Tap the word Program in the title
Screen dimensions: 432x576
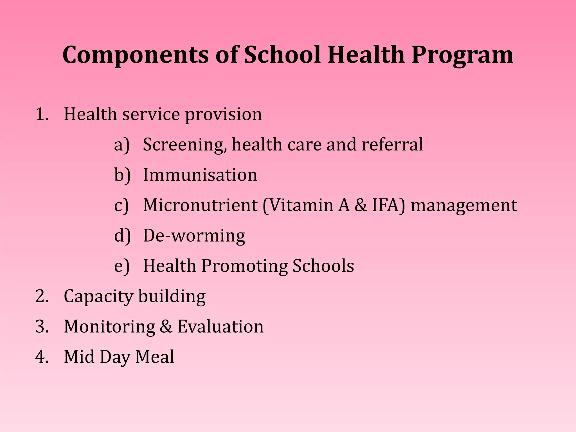click(x=462, y=55)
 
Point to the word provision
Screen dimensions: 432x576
click(x=223, y=115)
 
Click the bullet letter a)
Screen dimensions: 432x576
click(x=122, y=145)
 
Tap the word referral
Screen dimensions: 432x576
click(x=392, y=145)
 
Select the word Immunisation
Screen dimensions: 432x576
click(x=200, y=175)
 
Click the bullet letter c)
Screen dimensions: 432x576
click(x=121, y=205)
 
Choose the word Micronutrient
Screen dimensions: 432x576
click(x=200, y=205)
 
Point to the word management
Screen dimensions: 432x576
click(x=464, y=206)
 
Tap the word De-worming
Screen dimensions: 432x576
click(x=194, y=236)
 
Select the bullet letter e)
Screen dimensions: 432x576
click(x=122, y=266)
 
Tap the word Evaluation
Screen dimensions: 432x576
click(x=220, y=327)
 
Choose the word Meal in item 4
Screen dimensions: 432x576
click(x=155, y=357)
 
